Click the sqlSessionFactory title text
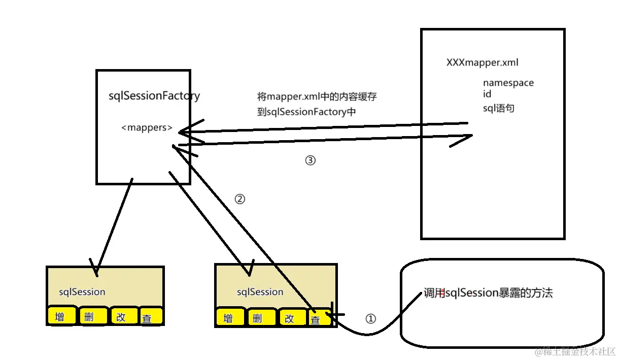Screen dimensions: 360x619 click(x=154, y=96)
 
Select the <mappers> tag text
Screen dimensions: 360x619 click(x=147, y=128)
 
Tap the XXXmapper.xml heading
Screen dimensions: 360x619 click(x=482, y=63)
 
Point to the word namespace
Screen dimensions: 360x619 click(x=508, y=83)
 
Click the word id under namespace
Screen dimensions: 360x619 click(x=487, y=94)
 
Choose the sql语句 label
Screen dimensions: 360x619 click(x=498, y=108)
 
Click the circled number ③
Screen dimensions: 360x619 click(x=310, y=160)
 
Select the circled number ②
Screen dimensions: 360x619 click(x=240, y=200)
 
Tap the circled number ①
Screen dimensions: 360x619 click(x=371, y=319)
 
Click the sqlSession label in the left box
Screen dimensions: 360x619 click(x=82, y=292)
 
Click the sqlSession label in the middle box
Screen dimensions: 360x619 click(x=260, y=292)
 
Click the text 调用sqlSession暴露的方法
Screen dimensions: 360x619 click(x=488, y=293)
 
